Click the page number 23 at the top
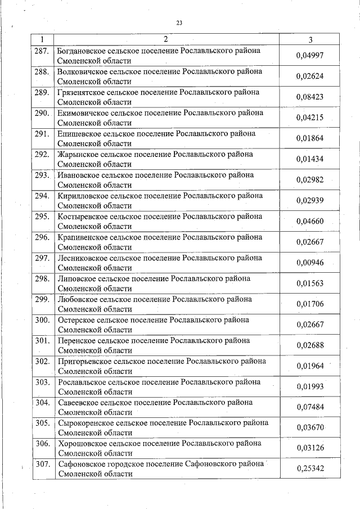[179, 23]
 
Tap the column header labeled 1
[43, 39]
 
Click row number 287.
[42, 51]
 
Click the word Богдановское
[83, 51]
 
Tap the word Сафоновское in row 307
[82, 464]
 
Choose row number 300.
[42, 320]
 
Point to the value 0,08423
[310, 97]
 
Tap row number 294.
[42, 196]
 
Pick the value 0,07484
[310, 407]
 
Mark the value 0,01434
[310, 159]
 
